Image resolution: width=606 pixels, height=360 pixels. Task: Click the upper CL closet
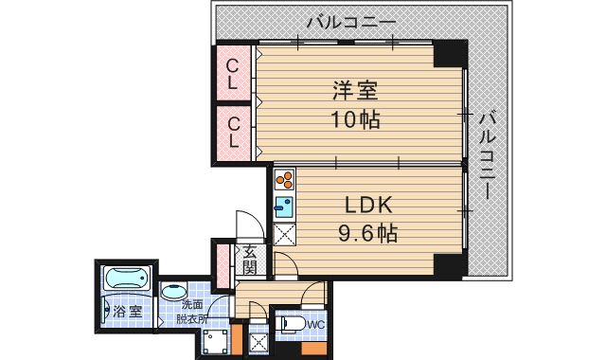pos(233,73)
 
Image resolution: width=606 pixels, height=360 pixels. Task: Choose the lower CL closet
pos(233,132)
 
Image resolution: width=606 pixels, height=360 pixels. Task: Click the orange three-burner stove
pos(285,179)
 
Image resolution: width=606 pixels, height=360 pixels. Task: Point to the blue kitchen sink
pos(284,206)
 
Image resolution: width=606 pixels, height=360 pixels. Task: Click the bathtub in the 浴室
pos(126,280)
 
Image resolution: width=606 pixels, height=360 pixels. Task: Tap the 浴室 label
pos(127,310)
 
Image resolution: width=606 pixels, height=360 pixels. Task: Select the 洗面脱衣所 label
pos(193,311)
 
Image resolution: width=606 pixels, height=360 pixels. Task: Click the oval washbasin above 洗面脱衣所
pos(173,292)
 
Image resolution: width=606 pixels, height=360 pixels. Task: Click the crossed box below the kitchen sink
pos(285,233)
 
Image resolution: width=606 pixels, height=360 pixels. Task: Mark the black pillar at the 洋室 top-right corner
pos(450,55)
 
